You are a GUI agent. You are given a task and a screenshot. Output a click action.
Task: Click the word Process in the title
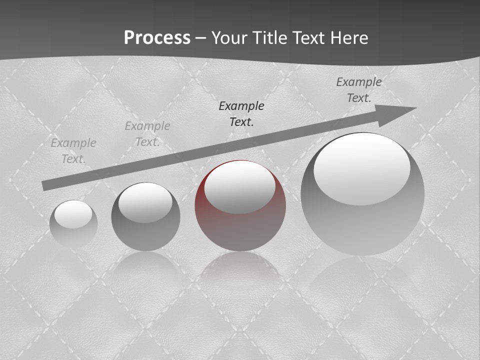pyautogui.click(x=157, y=38)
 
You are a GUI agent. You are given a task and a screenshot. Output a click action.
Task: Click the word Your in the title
pyautogui.click(x=229, y=38)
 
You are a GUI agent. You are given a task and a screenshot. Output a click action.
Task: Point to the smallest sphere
pyautogui.click(x=73, y=223)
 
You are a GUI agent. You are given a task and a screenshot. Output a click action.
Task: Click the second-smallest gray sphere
pyautogui.click(x=145, y=216)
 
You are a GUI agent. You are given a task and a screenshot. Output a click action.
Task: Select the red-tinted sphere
pyautogui.click(x=240, y=205)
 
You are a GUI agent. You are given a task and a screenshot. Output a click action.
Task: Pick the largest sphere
pyautogui.click(x=362, y=194)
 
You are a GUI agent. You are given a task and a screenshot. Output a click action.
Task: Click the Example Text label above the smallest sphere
pyautogui.click(x=73, y=151)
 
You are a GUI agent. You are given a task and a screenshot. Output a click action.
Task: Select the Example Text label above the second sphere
pyautogui.click(x=147, y=134)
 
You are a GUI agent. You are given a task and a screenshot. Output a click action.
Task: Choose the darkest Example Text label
pyautogui.click(x=241, y=114)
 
